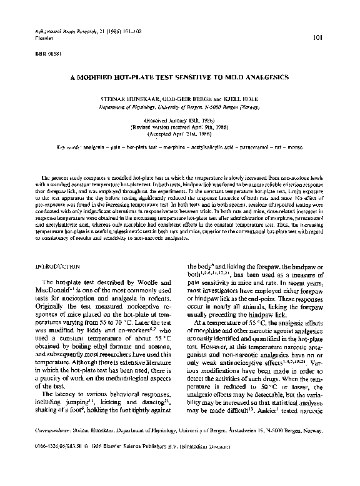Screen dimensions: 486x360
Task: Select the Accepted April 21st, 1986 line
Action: [179, 133]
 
